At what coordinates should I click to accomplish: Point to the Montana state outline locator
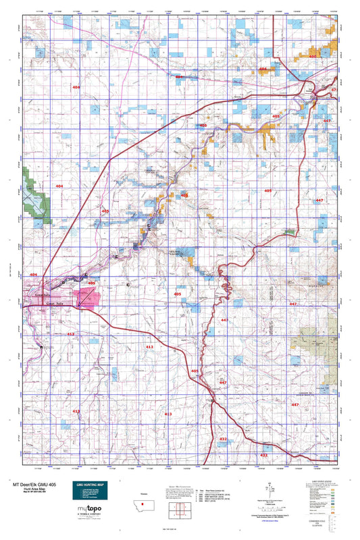coord(143,505)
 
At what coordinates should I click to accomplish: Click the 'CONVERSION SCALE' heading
coord(330,522)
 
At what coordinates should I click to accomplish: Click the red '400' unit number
coord(312,56)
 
